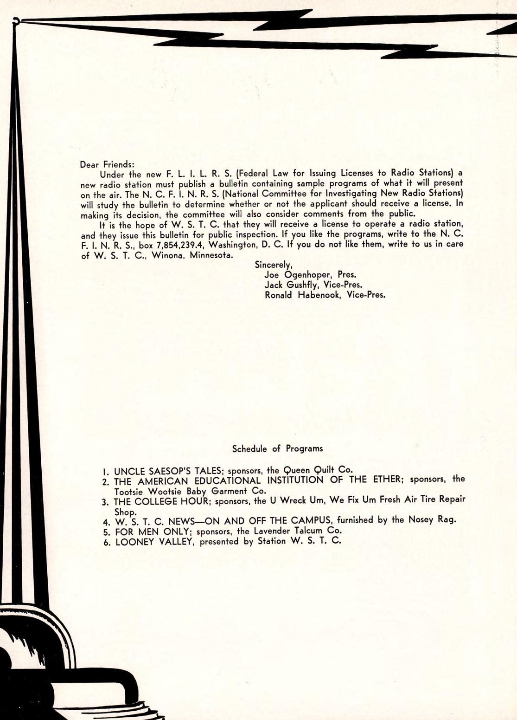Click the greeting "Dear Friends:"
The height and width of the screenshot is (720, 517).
pyautogui.click(x=107, y=164)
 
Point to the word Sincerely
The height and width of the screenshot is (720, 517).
pyautogui.click(x=273, y=265)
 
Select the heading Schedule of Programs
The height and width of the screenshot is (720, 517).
pyautogui.click(x=277, y=449)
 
